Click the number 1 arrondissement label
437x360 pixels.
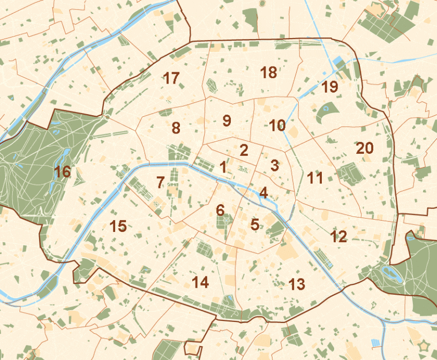223,167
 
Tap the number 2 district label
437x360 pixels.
244,150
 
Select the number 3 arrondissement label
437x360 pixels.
274,166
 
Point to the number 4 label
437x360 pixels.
263,192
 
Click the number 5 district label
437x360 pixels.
255,225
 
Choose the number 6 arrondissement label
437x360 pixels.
220,211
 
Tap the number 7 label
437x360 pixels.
160,182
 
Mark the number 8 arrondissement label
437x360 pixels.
176,128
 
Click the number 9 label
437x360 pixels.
227,121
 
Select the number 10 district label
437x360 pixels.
277,126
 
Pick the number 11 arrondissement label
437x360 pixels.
315,178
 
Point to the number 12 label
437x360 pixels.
338,236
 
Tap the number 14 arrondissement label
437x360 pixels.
200,282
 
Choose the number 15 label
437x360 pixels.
118,226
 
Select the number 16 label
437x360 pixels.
62,172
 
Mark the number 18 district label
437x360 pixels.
268,72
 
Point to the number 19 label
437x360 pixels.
330,86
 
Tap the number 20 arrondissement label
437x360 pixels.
365,148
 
